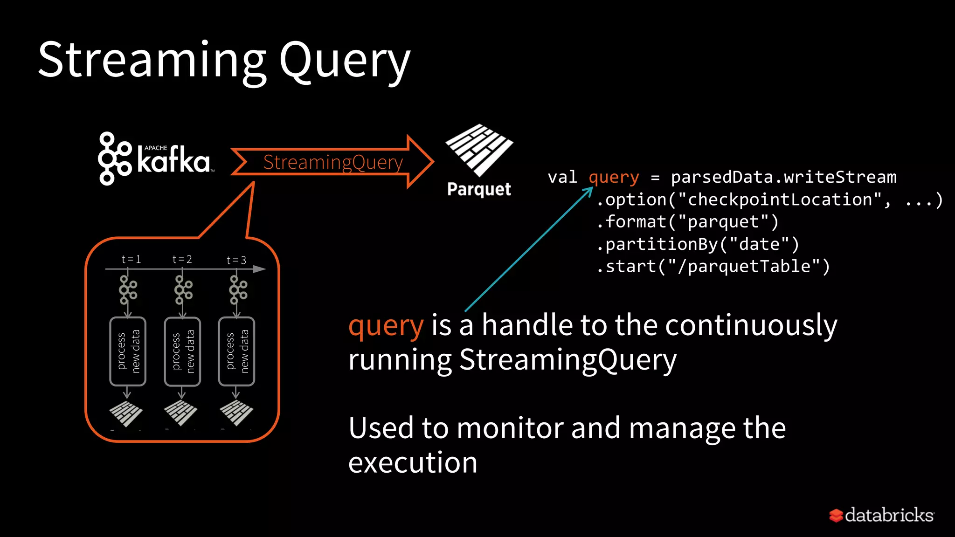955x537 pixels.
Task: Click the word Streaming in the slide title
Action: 152,61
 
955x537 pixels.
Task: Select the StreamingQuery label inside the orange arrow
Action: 332,162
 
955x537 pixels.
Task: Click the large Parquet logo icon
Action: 479,149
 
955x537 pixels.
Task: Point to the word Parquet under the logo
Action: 479,189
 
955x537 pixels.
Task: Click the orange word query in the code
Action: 614,178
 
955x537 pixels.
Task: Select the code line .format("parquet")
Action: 687,222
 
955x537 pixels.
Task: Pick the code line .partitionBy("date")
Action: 698,244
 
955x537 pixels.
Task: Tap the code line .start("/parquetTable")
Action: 713,267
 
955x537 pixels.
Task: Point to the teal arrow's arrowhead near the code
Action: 589,190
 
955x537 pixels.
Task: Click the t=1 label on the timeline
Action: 131,259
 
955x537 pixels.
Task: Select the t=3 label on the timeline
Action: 236,260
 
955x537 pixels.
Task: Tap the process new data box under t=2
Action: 182,351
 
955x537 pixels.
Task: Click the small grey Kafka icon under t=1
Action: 127,289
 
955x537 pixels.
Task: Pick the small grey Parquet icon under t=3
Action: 236,413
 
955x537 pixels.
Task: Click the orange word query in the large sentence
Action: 386,326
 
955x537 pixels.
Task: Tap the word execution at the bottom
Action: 413,463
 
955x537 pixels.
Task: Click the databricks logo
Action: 881,515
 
